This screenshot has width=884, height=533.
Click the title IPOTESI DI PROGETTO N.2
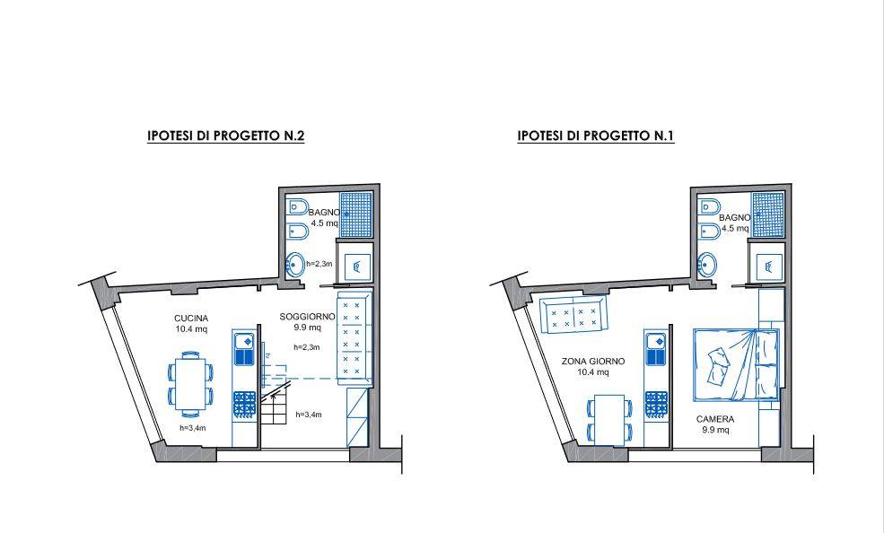pos(225,135)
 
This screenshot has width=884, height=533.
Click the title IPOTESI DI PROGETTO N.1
pos(596,135)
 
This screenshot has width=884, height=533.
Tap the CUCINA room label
pos(191,319)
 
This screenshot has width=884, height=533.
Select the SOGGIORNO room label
pos(307,318)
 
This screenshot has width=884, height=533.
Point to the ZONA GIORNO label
pos(592,362)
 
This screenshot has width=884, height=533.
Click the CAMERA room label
pos(715,420)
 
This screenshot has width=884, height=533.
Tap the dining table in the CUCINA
pos(190,383)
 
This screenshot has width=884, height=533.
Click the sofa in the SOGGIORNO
pos(354,338)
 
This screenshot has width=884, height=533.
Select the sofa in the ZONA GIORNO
pos(573,316)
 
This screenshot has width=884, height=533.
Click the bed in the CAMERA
pos(736,365)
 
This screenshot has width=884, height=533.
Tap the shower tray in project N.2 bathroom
pos(355,214)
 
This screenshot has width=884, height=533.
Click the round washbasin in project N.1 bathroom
pos(707,264)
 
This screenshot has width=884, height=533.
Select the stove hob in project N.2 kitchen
pos(244,405)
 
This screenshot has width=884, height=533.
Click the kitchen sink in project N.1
pos(656,349)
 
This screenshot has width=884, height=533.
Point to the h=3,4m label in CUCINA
pos(193,428)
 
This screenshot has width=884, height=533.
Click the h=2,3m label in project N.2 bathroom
pos(319,264)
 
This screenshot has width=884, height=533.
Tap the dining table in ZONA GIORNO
pos(609,420)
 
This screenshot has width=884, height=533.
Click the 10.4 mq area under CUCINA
pos(191,329)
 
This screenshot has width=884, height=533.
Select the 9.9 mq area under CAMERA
pos(715,431)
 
